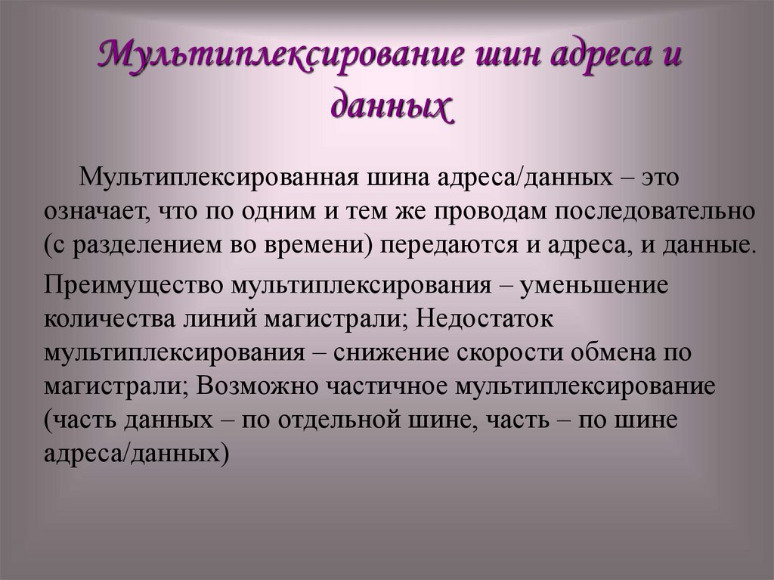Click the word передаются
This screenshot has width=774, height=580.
[x=443, y=245]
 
